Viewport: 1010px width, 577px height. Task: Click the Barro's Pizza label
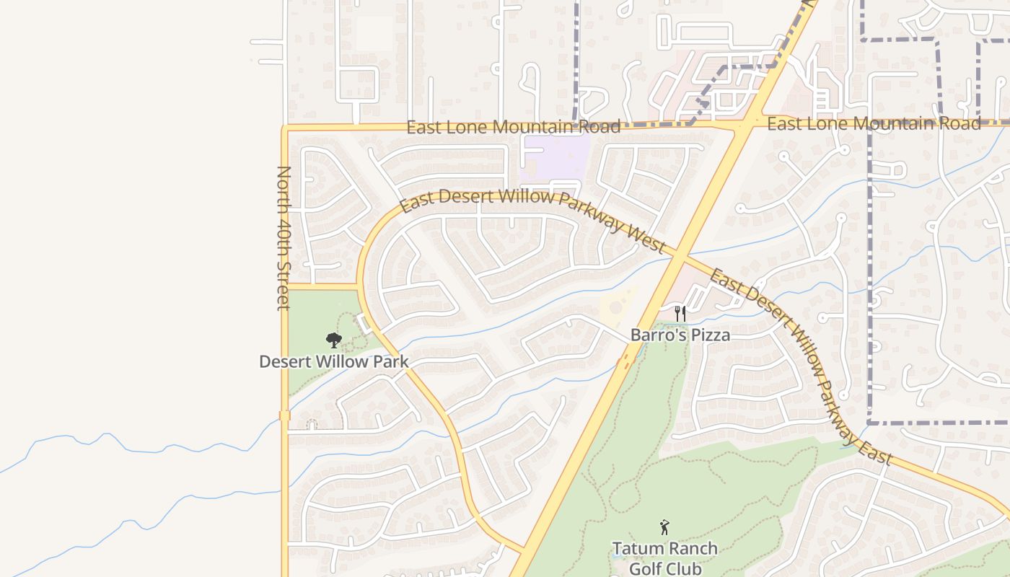(x=680, y=335)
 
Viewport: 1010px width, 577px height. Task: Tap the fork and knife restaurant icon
(x=680, y=314)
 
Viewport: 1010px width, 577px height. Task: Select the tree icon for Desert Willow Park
(x=333, y=340)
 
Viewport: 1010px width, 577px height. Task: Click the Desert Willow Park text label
(x=333, y=362)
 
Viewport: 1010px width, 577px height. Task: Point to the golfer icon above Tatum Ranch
(x=664, y=528)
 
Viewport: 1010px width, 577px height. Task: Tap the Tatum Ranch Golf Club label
(x=664, y=558)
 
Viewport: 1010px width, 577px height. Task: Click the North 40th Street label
(x=284, y=238)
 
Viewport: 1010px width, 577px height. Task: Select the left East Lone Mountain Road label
(x=513, y=128)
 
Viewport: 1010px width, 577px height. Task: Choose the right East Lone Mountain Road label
(x=873, y=124)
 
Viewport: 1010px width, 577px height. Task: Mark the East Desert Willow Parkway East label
(x=801, y=367)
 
